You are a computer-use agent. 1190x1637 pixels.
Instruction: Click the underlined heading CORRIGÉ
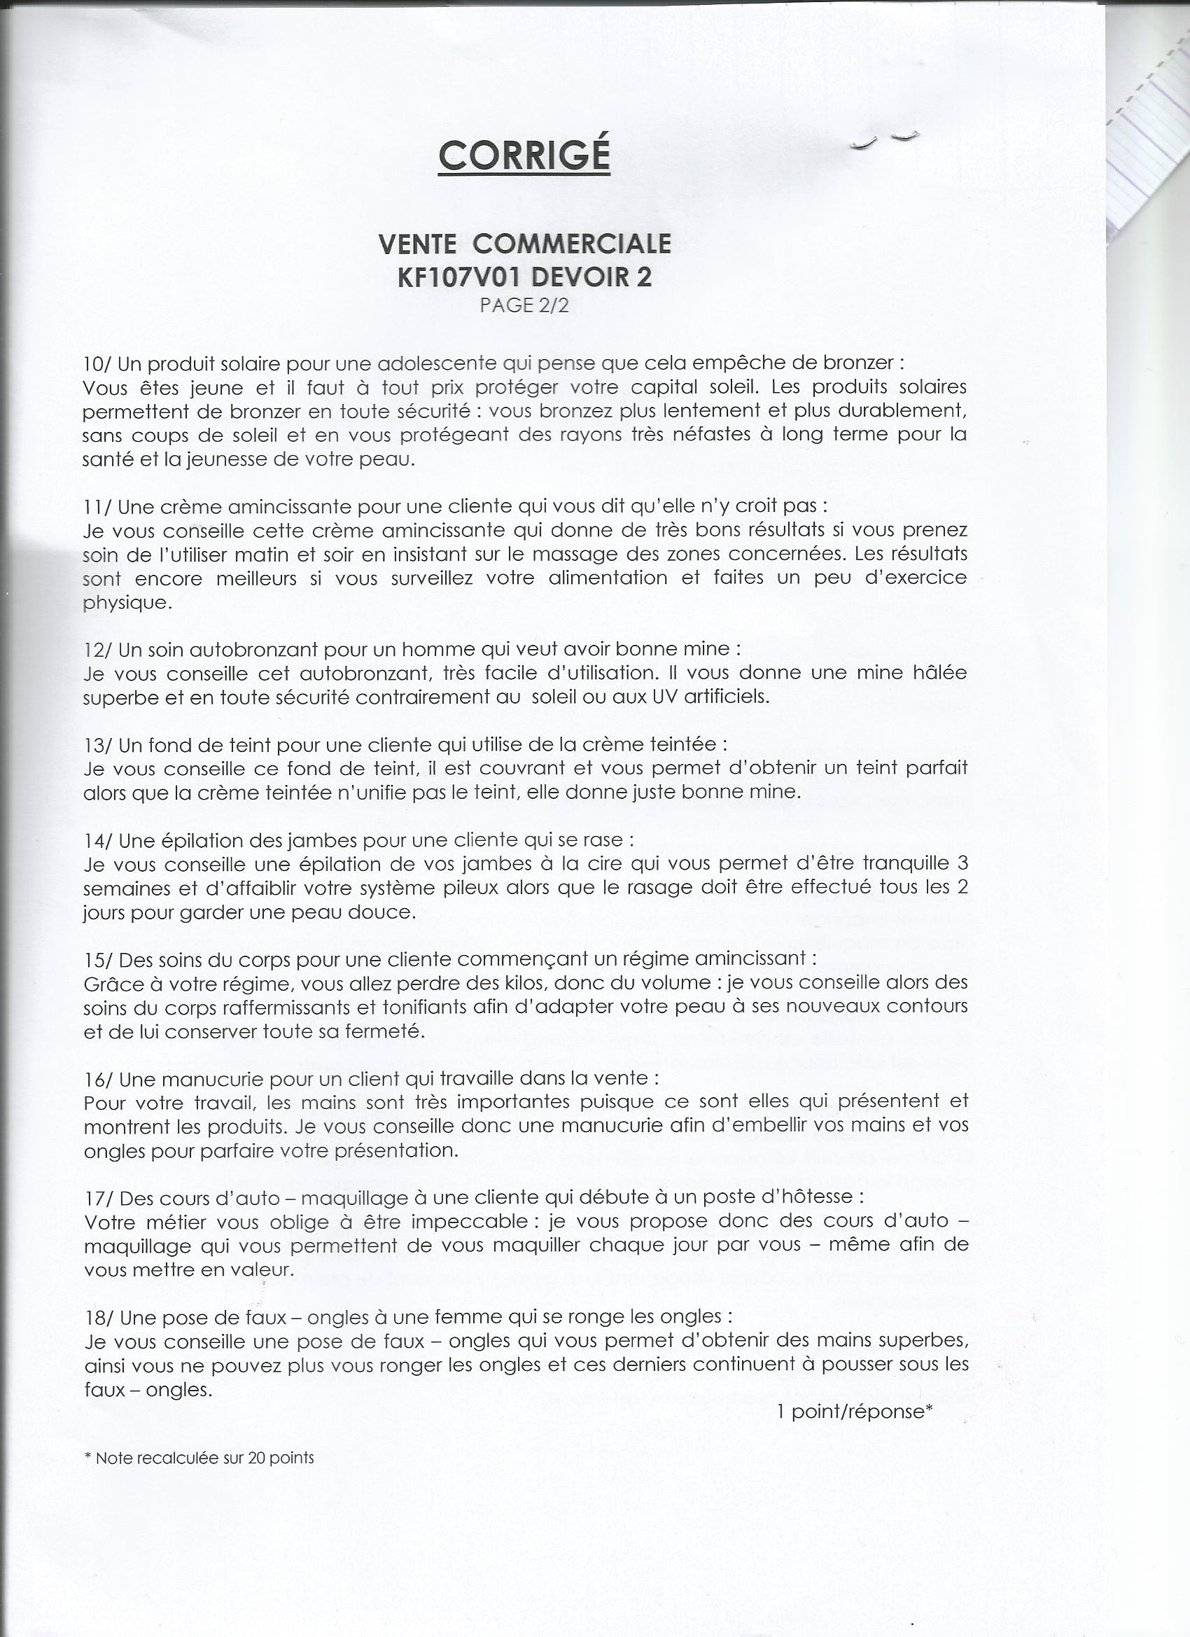pos(524,154)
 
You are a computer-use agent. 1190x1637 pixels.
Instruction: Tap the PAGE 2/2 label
pos(524,305)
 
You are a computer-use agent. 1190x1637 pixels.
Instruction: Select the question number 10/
pos(97,363)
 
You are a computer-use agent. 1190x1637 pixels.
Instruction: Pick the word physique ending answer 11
pos(127,603)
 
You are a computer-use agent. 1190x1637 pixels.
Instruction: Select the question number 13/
pos(97,744)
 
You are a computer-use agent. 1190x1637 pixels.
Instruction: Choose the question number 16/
pos(98,1078)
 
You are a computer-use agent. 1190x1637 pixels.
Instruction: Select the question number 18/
pos(98,1317)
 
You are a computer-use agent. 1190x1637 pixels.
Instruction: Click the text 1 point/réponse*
pos(855,1412)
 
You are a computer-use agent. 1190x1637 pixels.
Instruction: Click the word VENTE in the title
pos(417,244)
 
